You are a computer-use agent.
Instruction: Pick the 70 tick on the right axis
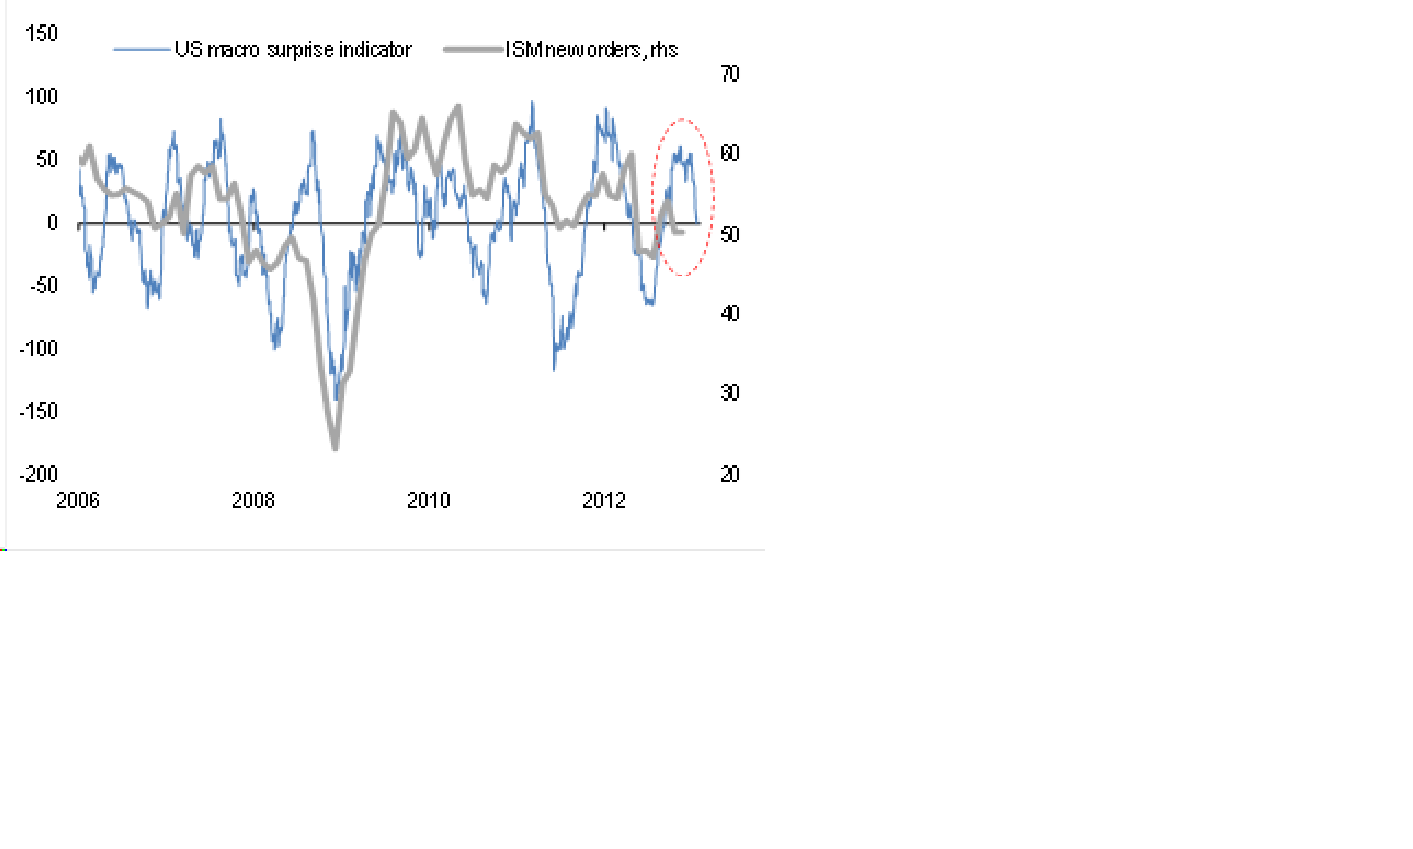point(730,74)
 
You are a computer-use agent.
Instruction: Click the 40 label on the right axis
point(730,313)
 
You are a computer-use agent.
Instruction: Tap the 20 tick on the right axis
point(730,474)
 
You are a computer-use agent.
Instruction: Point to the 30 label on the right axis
point(730,393)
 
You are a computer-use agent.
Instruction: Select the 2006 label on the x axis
point(78,501)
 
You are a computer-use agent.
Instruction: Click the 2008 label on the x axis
point(253,501)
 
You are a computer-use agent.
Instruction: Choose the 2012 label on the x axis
point(604,501)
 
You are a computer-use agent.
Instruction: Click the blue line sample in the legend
point(142,50)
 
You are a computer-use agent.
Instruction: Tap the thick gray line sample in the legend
point(473,50)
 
